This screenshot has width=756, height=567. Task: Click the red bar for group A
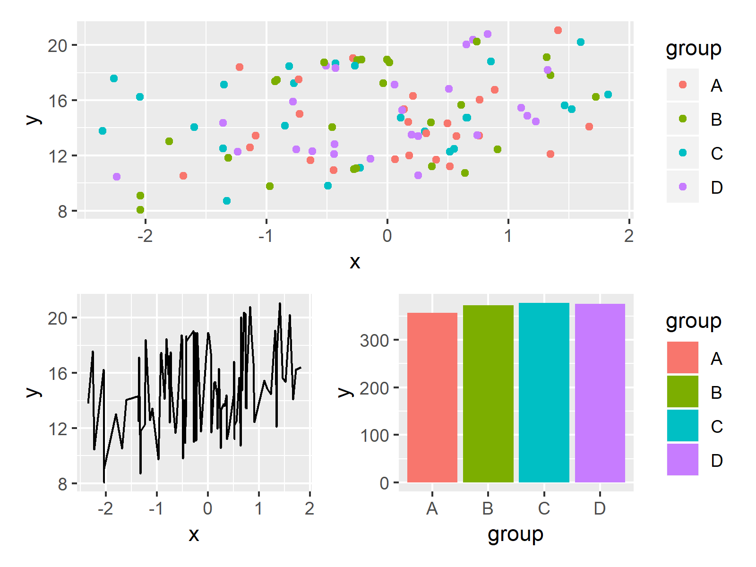pos(432,397)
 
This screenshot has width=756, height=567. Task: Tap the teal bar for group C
pos(544,392)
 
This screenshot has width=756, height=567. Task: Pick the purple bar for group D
pos(600,393)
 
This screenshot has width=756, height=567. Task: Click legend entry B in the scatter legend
pos(716,119)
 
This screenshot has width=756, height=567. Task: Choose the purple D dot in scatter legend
pos(682,187)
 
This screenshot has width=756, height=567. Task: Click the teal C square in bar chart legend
pos(682,426)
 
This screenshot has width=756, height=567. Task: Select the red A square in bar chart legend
pos(682,358)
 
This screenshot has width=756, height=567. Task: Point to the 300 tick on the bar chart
pos(374,340)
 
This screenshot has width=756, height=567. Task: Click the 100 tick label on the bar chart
pos(374,435)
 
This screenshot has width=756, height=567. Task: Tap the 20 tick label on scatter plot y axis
pos(57,46)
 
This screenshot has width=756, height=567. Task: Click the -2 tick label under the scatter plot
pos(145,235)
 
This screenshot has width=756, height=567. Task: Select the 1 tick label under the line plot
pos(258,508)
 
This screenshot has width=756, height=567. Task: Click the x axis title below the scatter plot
pos(355,261)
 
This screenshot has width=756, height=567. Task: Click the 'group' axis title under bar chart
pos(515,534)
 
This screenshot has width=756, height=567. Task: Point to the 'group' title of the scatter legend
pos(693,48)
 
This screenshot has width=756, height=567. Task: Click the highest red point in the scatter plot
pos(558,30)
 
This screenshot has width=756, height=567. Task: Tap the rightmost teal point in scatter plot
pos(608,94)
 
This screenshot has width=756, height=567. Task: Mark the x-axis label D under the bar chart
pos(600,508)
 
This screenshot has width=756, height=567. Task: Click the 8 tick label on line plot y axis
pos(62,484)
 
